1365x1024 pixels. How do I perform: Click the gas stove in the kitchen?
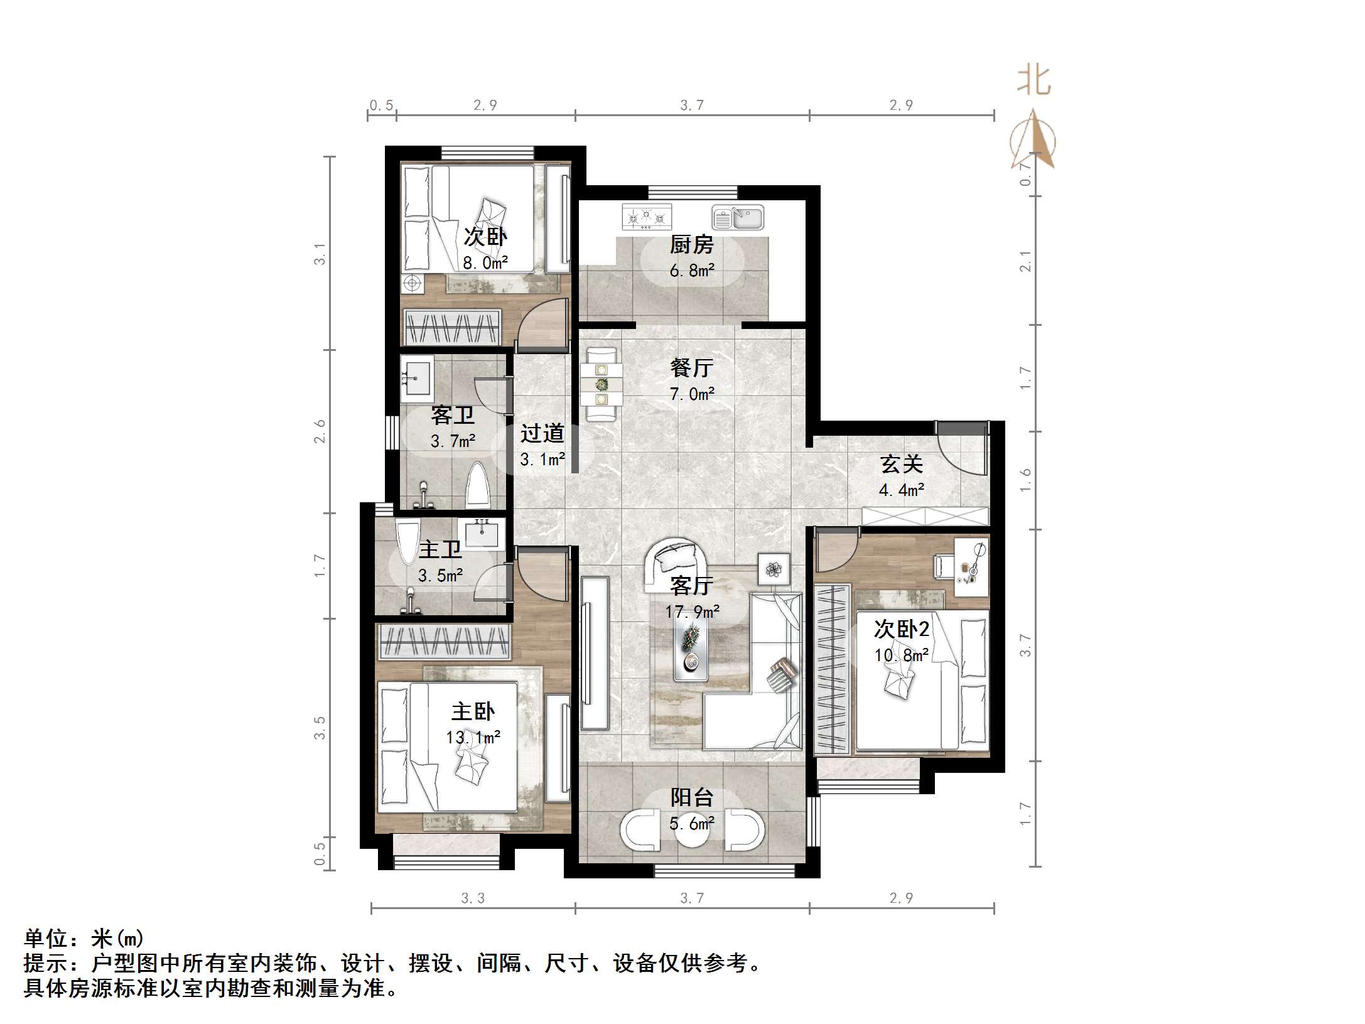click(647, 217)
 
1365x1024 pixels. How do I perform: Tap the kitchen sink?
click(738, 218)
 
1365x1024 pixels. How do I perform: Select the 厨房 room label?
click(691, 244)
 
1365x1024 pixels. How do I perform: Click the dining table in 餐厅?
click(602, 384)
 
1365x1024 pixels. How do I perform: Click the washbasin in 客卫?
click(417, 378)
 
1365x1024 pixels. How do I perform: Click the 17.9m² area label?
click(692, 612)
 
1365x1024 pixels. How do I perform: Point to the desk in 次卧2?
click(971, 566)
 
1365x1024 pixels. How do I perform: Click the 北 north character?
click(1033, 81)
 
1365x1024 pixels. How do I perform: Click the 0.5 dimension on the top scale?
click(381, 105)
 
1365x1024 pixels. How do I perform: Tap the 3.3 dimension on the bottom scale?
click(473, 898)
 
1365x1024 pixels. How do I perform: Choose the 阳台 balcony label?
click(691, 797)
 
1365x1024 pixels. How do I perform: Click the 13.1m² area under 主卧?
click(473, 736)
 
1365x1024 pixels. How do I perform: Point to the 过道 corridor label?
click(542, 433)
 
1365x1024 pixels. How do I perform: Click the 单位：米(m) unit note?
click(84, 939)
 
